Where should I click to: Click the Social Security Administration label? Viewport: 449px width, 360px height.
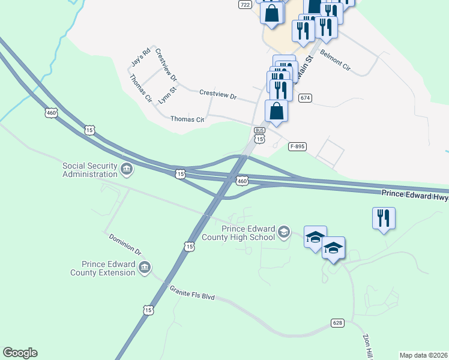[90, 170]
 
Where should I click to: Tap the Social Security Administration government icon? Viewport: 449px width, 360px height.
[127, 170]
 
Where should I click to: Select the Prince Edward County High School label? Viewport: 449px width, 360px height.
[249, 232]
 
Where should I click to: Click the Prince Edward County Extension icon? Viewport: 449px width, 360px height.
[144, 267]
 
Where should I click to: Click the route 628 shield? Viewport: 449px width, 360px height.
[337, 323]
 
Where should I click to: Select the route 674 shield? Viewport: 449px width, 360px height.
[306, 98]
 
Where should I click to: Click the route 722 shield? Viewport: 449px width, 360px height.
[244, 4]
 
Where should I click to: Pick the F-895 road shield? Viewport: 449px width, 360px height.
[297, 146]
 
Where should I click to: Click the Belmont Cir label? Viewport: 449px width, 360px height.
[334, 61]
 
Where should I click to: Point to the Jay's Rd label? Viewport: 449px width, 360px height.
[139, 56]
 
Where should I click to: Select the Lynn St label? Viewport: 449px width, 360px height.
[167, 95]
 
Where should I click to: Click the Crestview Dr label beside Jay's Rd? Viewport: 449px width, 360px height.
[166, 65]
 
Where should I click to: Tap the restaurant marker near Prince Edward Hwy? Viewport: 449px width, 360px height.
[384, 218]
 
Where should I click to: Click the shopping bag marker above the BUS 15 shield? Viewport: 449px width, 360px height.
[276, 112]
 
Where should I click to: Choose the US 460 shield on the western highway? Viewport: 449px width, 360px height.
[51, 112]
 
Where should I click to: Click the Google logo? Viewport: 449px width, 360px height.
[20, 353]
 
